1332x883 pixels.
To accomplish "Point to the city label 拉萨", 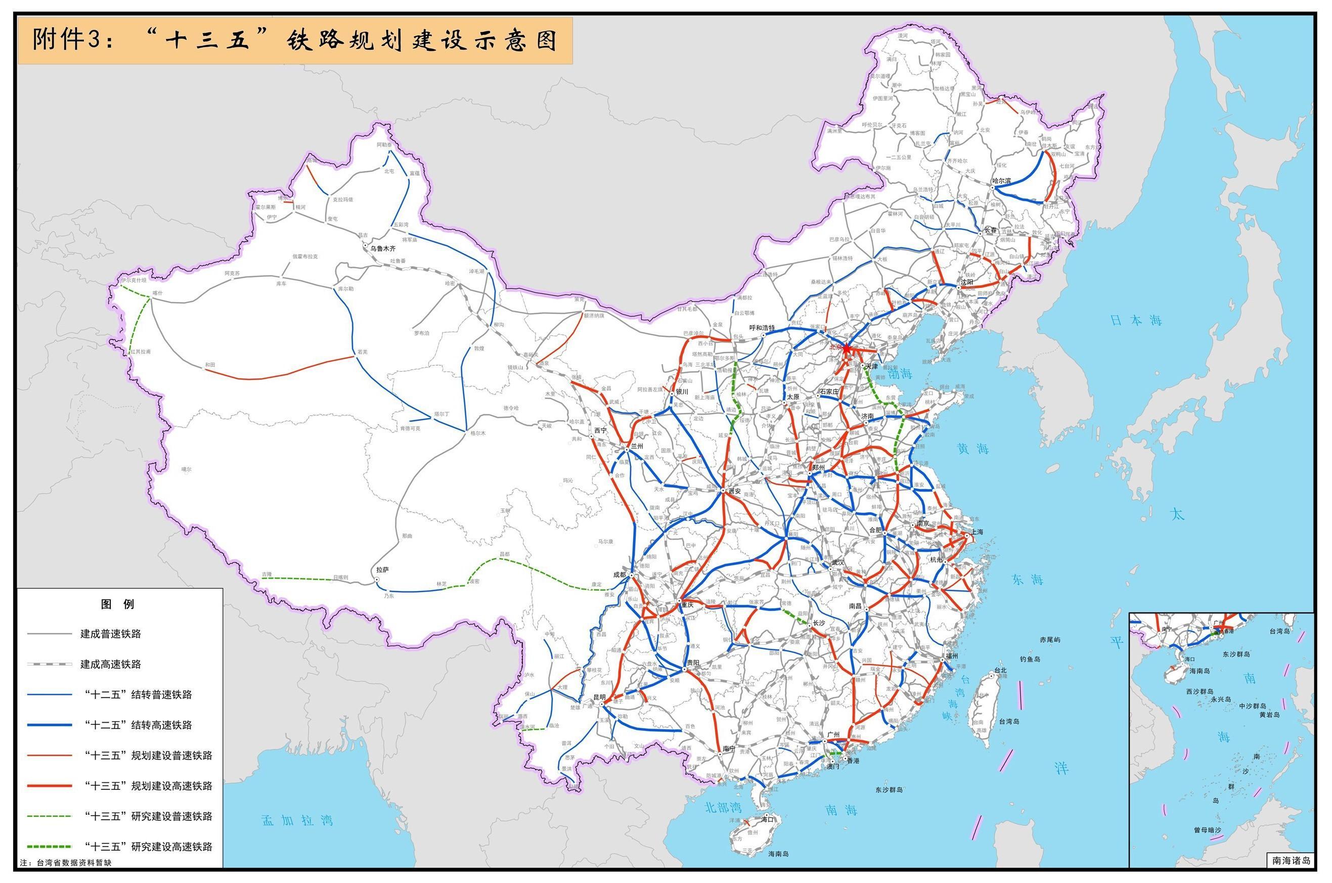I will tap(382, 570).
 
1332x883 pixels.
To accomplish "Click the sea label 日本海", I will tap(1136, 321).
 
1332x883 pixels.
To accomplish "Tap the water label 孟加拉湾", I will tap(297, 820).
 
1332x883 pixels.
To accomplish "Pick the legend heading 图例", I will tap(118, 604).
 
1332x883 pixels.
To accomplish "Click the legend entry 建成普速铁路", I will tap(110, 634).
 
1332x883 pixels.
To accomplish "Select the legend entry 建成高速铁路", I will tap(110, 664).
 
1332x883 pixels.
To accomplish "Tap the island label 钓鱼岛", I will tap(1030, 658).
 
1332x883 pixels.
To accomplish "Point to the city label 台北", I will tap(1000, 670).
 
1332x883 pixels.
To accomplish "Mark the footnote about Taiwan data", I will tap(66, 863).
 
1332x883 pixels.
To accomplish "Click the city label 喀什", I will tap(157, 293).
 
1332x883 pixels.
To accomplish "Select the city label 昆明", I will tap(599, 697).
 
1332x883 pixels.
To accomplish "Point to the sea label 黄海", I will tap(972, 448).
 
